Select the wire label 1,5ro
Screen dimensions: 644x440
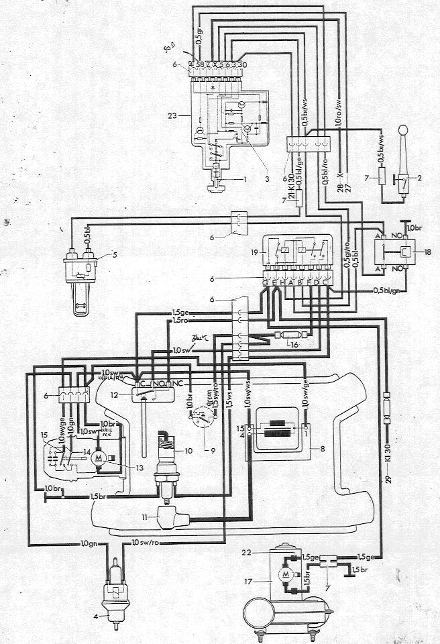pos(179,322)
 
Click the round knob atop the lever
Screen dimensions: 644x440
pos(404,131)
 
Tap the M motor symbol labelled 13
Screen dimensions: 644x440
pos(99,457)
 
